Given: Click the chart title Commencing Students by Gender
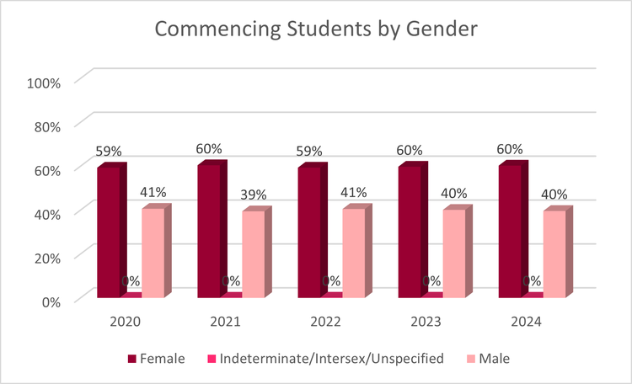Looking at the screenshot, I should [x=316, y=31].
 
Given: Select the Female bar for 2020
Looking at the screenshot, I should [x=109, y=232].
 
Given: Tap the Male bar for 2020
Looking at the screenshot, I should [x=153, y=253].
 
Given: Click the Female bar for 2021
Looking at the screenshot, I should [x=209, y=231].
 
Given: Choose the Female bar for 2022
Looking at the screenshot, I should [x=309, y=232].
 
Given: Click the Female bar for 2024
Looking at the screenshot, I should [x=510, y=231].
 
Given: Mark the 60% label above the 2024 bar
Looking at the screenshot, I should [x=510, y=150].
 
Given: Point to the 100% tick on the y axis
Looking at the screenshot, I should [x=44, y=83].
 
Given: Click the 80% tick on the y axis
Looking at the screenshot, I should [x=44, y=126].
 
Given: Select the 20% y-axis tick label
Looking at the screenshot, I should [x=44, y=257].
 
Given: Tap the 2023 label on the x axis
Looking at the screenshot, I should [x=426, y=322].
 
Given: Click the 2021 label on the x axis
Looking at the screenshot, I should [x=226, y=322].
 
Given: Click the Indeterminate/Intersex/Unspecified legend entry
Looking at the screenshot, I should [x=325, y=359].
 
